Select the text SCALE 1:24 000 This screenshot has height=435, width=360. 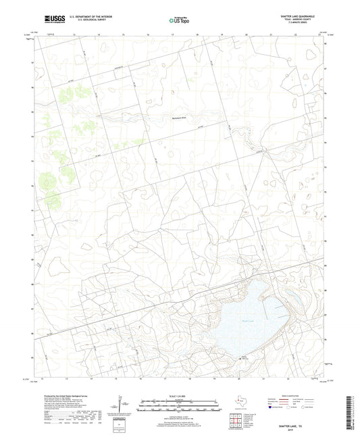180,394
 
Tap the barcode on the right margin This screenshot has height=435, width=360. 351,412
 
